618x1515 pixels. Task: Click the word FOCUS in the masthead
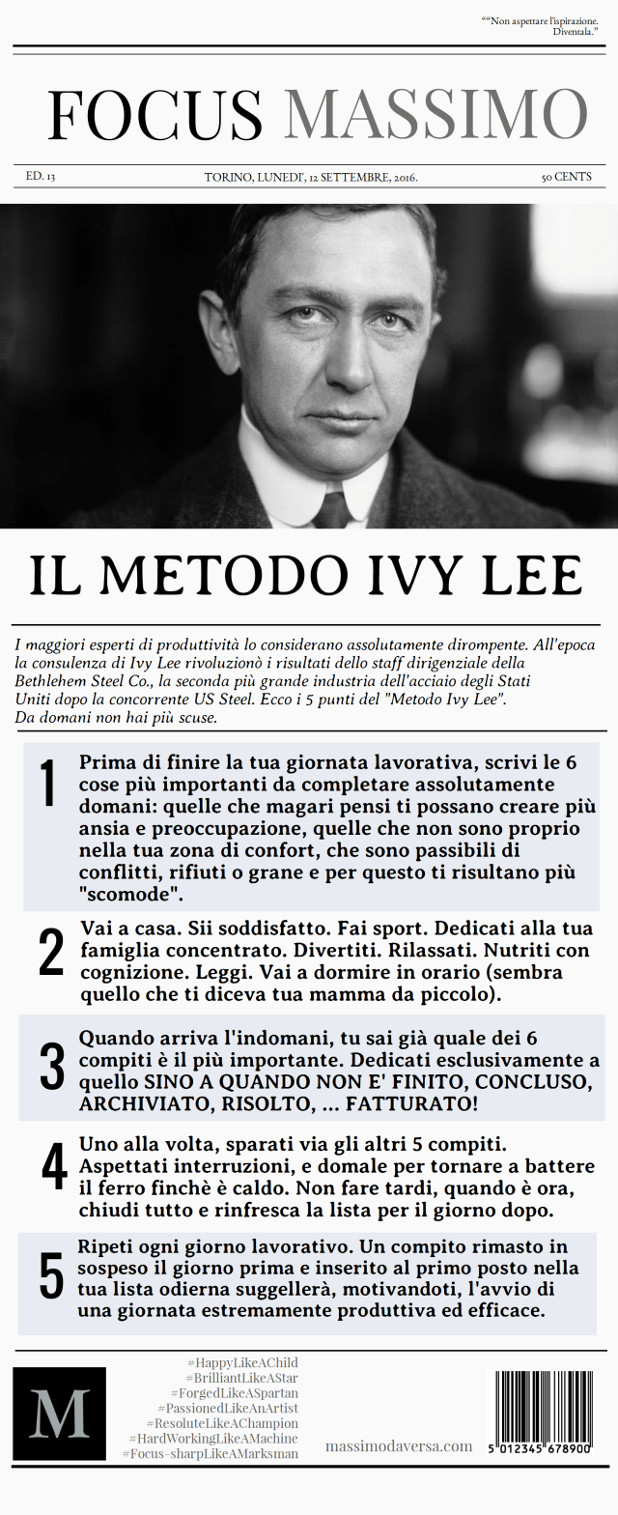tap(154, 115)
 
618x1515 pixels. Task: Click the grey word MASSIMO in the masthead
tap(435, 115)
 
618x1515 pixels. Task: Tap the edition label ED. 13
tap(40, 177)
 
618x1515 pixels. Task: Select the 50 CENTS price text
tap(566, 177)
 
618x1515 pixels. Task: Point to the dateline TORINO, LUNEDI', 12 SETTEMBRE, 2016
tap(311, 177)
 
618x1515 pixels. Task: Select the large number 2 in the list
tap(51, 954)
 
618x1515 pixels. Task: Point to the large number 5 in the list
tap(51, 1277)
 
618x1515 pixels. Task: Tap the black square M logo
tap(59, 1413)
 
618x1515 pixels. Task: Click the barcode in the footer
tap(544, 1413)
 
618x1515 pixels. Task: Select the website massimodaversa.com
tap(399, 1445)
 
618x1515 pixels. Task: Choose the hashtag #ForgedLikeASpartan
tap(234, 1393)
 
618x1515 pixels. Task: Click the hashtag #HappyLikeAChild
tap(242, 1362)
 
